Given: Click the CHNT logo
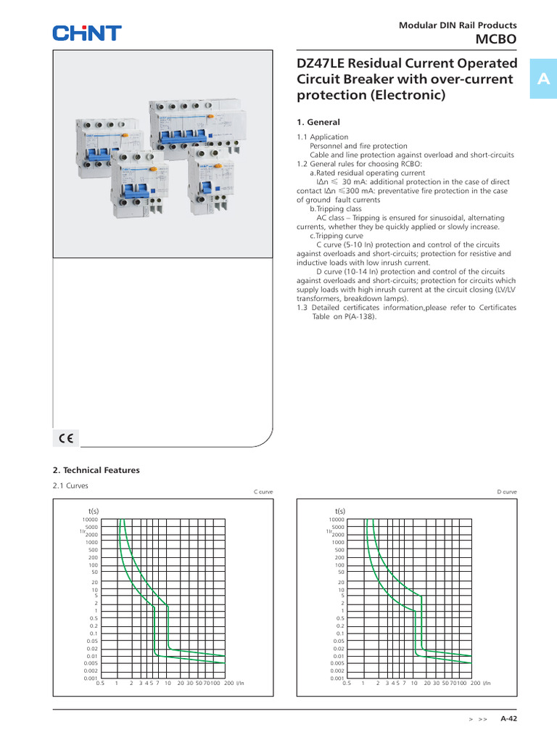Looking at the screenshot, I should [86, 33].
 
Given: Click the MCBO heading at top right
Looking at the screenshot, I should [496, 39].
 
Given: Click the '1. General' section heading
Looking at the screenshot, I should [318, 122].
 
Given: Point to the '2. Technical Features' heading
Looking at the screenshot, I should [96, 470].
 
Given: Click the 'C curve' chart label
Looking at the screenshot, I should [263, 492].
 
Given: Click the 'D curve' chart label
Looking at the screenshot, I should [507, 492].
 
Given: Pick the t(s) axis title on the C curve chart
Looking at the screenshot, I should [93, 511].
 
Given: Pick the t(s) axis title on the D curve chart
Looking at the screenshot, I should [339, 511].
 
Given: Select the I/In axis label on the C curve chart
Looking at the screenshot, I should [240, 684].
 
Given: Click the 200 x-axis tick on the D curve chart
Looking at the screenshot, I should [475, 684].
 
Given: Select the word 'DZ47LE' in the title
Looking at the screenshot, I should [322, 63].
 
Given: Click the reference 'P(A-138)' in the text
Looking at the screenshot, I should [359, 316].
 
